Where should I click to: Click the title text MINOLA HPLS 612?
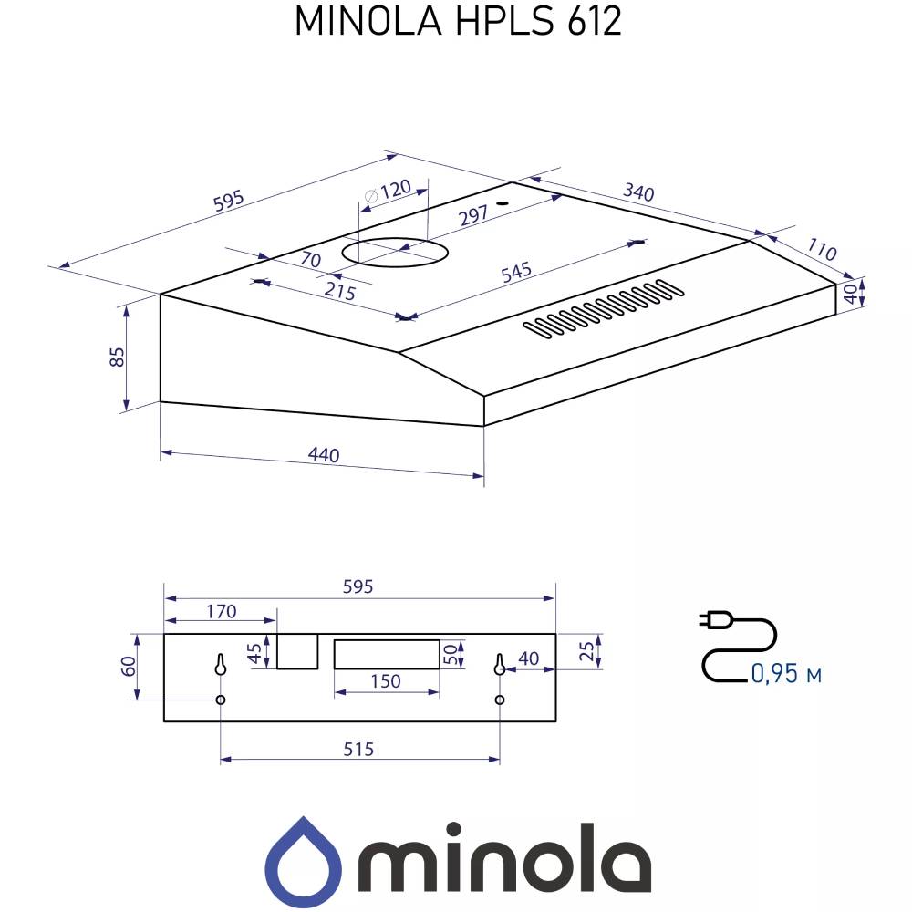click(457, 21)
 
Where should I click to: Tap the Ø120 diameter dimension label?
click(387, 192)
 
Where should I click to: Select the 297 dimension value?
click(474, 214)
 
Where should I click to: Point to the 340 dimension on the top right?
click(638, 192)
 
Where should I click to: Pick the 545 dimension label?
click(515, 273)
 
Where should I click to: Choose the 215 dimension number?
click(340, 293)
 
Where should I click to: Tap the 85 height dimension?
click(117, 358)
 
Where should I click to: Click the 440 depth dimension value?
click(323, 455)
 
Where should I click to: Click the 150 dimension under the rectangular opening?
click(386, 681)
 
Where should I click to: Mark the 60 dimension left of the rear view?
click(130, 666)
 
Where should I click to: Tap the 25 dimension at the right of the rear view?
click(588, 651)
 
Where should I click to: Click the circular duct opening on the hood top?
click(394, 252)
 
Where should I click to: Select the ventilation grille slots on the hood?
click(604, 308)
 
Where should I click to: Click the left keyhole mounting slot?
click(221, 665)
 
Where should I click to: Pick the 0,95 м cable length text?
click(786, 674)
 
